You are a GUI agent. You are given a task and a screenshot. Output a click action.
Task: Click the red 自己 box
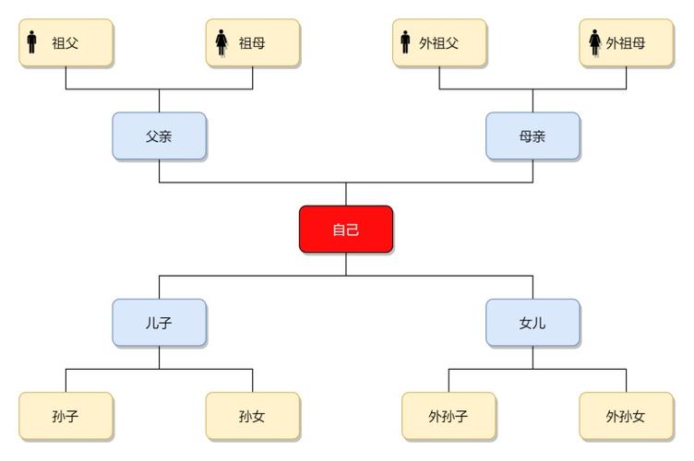click(x=346, y=229)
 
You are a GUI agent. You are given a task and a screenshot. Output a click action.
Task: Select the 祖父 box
click(x=66, y=42)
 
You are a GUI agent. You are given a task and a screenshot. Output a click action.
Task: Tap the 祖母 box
click(x=253, y=42)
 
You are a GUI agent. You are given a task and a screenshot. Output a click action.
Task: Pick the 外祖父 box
click(x=439, y=42)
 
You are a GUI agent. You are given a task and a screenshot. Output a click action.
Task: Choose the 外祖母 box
click(x=626, y=42)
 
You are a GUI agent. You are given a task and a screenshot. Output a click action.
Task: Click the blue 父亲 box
click(x=160, y=136)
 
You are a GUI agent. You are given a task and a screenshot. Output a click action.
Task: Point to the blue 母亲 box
click(x=532, y=136)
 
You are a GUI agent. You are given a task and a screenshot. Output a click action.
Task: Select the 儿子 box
click(x=160, y=323)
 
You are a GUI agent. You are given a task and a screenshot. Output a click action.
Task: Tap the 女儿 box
click(x=532, y=323)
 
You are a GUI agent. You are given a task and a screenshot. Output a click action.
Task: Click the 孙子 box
click(x=66, y=416)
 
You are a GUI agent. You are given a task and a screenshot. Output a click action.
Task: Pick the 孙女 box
click(x=253, y=416)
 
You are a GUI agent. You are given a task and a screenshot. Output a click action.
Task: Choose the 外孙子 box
click(x=449, y=416)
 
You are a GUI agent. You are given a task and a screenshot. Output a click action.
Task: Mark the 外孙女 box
click(x=626, y=416)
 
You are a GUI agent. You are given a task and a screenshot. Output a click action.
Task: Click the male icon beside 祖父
click(x=33, y=42)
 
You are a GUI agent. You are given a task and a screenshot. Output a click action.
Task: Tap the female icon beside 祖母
click(x=221, y=42)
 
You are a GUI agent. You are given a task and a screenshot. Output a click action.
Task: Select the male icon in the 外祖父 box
click(x=406, y=42)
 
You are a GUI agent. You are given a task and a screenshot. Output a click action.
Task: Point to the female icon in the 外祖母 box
click(x=595, y=42)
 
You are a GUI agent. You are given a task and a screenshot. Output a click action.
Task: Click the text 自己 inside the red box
click(x=346, y=230)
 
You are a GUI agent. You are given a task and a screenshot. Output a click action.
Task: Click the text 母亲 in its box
click(x=532, y=136)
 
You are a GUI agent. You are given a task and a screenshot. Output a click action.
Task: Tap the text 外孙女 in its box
click(x=626, y=417)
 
